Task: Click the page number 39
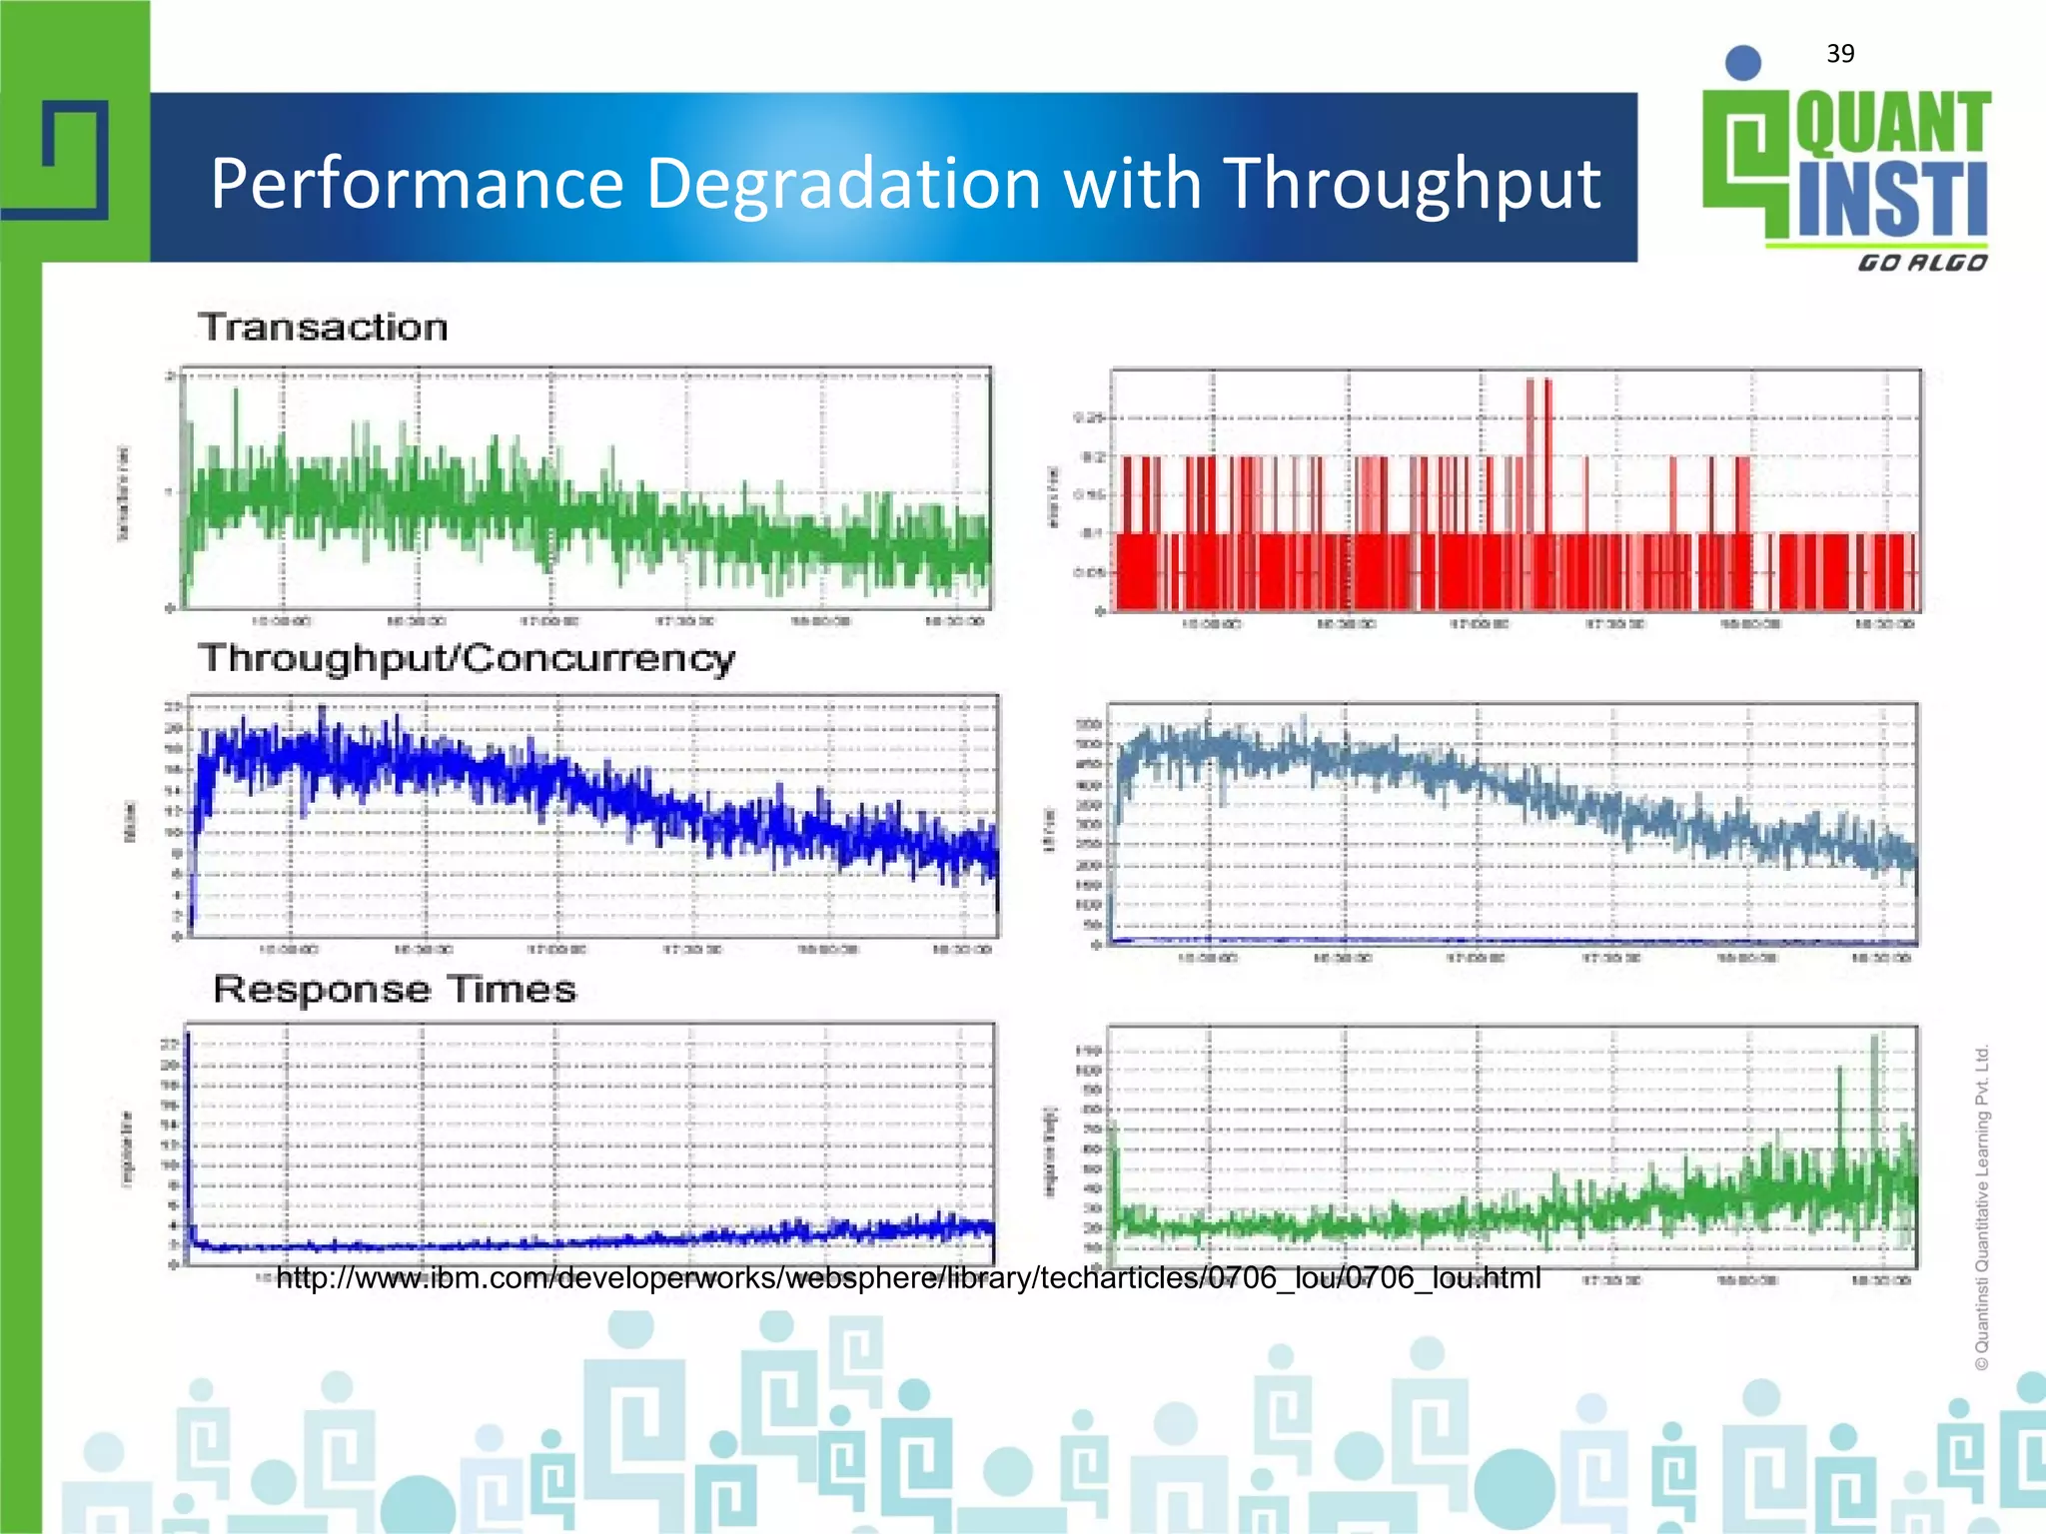click(1840, 54)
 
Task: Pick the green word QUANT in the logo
click(1893, 124)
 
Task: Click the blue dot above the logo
click(1743, 63)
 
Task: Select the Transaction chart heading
click(323, 328)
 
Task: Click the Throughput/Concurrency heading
click(467, 659)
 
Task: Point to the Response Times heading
click(395, 990)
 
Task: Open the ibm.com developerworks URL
click(908, 1278)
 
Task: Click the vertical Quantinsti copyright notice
click(1982, 1207)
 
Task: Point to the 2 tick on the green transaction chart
click(171, 377)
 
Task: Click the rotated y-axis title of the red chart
click(1052, 495)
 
